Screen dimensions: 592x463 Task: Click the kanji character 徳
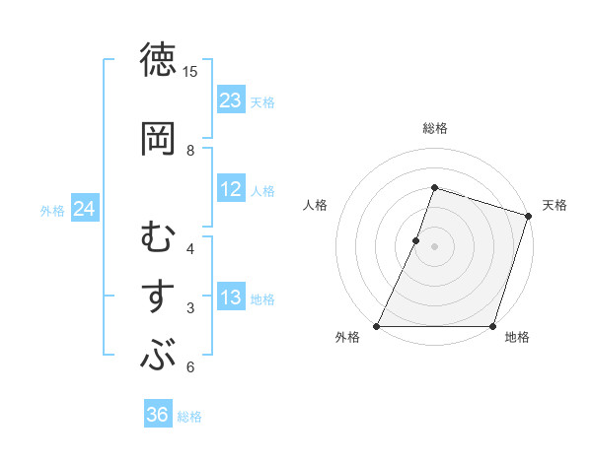pyautogui.click(x=159, y=61)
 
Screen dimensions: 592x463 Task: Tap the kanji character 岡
pyautogui.click(x=159, y=138)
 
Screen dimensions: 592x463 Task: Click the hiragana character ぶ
pyautogui.click(x=159, y=356)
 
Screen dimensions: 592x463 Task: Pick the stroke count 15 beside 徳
pyautogui.click(x=190, y=72)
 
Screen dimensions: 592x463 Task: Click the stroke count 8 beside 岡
pyautogui.click(x=190, y=150)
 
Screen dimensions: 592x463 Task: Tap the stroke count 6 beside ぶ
pyautogui.click(x=190, y=367)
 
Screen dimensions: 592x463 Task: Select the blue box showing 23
pyautogui.click(x=231, y=100)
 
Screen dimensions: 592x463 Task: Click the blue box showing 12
pyautogui.click(x=231, y=189)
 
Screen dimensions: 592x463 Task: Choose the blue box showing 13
pyautogui.click(x=231, y=298)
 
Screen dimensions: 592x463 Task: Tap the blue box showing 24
pyautogui.click(x=85, y=209)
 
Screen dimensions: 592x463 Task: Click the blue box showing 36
pyautogui.click(x=158, y=415)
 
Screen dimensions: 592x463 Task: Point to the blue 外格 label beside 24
pyautogui.click(x=52, y=210)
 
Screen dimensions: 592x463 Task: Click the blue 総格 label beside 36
pyautogui.click(x=190, y=417)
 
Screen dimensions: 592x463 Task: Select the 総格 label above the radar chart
pyautogui.click(x=434, y=128)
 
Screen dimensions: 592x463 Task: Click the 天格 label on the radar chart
pyautogui.click(x=555, y=205)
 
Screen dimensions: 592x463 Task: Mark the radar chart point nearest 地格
pyautogui.click(x=492, y=326)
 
